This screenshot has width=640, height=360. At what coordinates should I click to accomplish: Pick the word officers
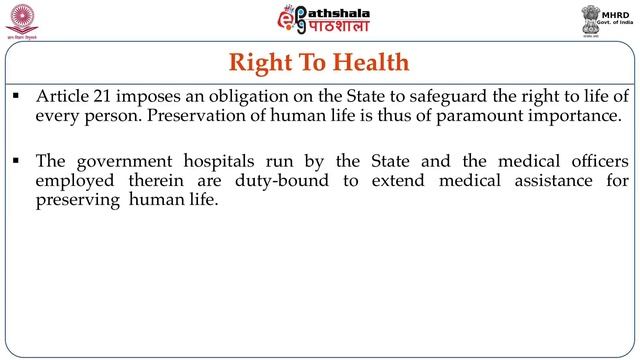(596, 161)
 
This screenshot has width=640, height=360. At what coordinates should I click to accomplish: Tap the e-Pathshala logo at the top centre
(318, 22)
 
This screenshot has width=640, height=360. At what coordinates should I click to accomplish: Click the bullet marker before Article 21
(17, 97)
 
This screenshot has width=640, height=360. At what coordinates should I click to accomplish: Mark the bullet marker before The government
(17, 161)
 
